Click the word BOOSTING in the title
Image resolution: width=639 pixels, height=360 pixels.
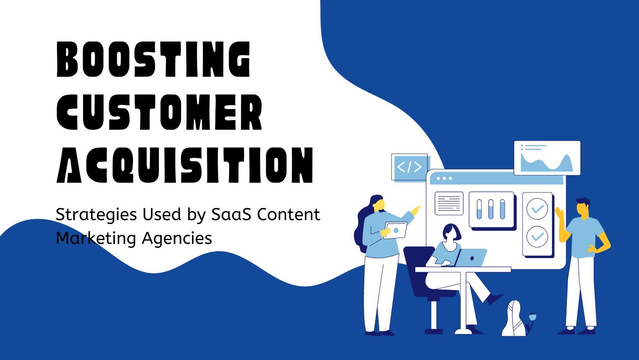click(154, 59)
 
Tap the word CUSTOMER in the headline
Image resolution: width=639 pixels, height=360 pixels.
click(159, 112)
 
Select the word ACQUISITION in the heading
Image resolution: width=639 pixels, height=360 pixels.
click(185, 165)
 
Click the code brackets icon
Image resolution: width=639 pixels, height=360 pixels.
click(410, 167)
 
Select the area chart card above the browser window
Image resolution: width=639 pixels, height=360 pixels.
click(547, 158)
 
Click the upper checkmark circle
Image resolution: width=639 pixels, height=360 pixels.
click(537, 209)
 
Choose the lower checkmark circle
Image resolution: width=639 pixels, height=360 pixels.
click(537, 236)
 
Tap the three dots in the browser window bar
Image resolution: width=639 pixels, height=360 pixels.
click(444, 178)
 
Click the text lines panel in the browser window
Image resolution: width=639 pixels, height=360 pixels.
click(449, 203)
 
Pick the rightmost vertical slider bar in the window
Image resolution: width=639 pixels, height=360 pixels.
click(503, 209)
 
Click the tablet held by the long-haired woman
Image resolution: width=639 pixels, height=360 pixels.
click(395, 230)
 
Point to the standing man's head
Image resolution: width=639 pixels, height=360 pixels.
click(582, 207)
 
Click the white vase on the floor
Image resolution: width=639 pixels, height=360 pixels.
click(514, 318)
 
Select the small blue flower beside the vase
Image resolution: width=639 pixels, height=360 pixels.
click(532, 317)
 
